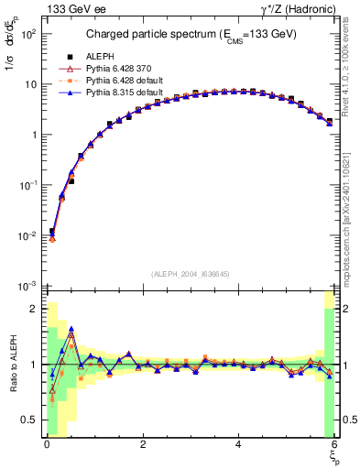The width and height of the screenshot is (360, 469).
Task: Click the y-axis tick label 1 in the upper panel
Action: (33, 136)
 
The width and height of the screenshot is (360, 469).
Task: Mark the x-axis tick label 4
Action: (238, 443)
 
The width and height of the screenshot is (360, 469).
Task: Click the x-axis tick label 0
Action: (47, 443)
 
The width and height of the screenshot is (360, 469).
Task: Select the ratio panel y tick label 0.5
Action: (28, 420)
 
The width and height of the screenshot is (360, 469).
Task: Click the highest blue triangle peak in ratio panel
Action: (71, 332)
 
